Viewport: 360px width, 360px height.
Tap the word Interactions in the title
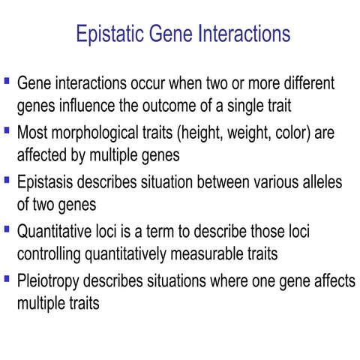[242, 34]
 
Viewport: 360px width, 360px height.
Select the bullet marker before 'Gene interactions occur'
[7, 79]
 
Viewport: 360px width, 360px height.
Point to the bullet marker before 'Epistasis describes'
[7, 179]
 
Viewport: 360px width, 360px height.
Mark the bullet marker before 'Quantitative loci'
[7, 229]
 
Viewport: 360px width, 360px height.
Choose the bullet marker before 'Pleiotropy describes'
[7, 279]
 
